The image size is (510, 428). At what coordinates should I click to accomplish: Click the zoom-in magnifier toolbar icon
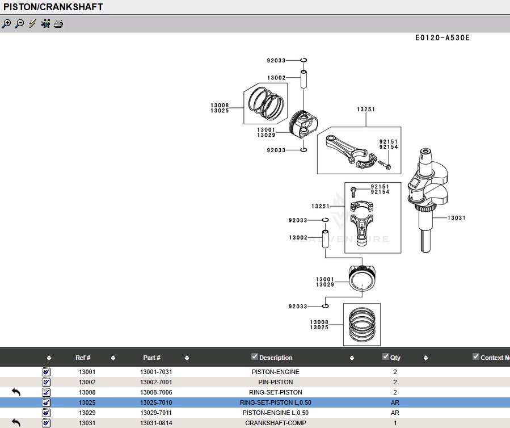[6, 24]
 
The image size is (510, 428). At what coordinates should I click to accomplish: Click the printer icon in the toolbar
[58, 24]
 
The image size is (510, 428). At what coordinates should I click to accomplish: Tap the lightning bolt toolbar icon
[32, 23]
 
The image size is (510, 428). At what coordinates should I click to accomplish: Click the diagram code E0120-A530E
[442, 38]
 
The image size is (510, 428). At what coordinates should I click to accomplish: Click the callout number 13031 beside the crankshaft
[456, 218]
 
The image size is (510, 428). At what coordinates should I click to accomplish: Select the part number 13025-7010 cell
[156, 402]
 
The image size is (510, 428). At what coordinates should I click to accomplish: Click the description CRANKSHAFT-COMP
[276, 423]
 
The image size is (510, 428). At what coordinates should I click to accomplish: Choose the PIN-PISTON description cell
[276, 382]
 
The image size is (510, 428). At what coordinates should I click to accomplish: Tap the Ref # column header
[83, 358]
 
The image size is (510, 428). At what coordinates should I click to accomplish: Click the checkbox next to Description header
[255, 356]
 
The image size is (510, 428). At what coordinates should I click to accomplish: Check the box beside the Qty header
[385, 356]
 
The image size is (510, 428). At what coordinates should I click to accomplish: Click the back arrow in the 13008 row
[16, 392]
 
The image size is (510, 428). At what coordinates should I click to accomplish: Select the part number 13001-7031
[156, 372]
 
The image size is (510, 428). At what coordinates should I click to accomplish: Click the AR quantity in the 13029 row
[395, 413]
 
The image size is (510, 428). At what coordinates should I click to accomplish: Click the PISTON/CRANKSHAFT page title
[53, 7]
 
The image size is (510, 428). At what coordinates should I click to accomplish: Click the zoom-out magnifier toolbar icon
[19, 24]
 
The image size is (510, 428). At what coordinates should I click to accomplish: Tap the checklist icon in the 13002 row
[46, 382]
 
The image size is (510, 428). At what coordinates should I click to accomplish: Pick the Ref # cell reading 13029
[87, 413]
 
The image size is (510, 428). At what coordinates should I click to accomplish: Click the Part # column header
[151, 358]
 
